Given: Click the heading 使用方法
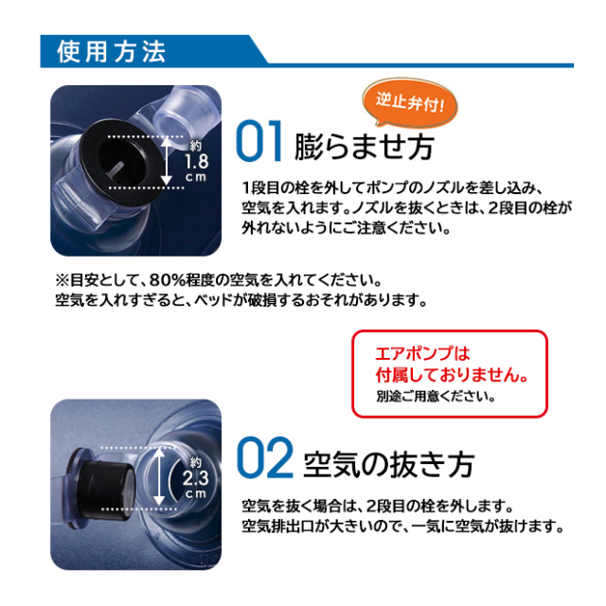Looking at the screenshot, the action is (112, 51).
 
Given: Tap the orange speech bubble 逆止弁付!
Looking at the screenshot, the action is (410, 102).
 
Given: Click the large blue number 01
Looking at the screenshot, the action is (258, 141).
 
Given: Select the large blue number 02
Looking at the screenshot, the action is (265, 457).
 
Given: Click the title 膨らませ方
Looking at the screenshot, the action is (364, 147).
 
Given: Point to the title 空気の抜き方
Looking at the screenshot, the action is (389, 464).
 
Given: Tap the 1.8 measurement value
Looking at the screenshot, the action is (196, 162).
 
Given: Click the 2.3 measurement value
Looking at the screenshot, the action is (196, 478).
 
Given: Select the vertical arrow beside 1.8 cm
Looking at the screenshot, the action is (167, 161).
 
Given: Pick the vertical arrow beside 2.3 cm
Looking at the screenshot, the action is (159, 476).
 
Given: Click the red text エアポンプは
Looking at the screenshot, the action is (422, 353).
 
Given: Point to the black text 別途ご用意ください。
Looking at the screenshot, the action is (436, 396).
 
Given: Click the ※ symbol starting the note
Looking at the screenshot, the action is (62, 280).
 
